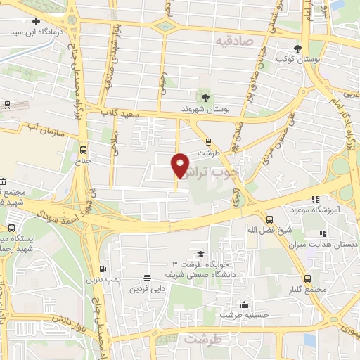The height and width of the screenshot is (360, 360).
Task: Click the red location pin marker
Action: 181,165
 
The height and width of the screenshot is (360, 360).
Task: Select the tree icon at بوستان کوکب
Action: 298,49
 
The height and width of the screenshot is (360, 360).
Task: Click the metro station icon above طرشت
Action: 207,142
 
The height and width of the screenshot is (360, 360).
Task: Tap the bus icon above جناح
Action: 84,150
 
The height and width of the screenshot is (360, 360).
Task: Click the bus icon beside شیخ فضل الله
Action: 269,219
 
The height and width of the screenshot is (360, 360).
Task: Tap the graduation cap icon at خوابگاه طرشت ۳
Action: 200,255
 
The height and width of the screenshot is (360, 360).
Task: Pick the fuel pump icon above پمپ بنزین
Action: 103,269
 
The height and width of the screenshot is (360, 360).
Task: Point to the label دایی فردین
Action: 147,288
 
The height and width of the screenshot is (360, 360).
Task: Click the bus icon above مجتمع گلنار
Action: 307,279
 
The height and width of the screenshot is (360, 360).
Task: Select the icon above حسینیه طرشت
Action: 244,304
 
